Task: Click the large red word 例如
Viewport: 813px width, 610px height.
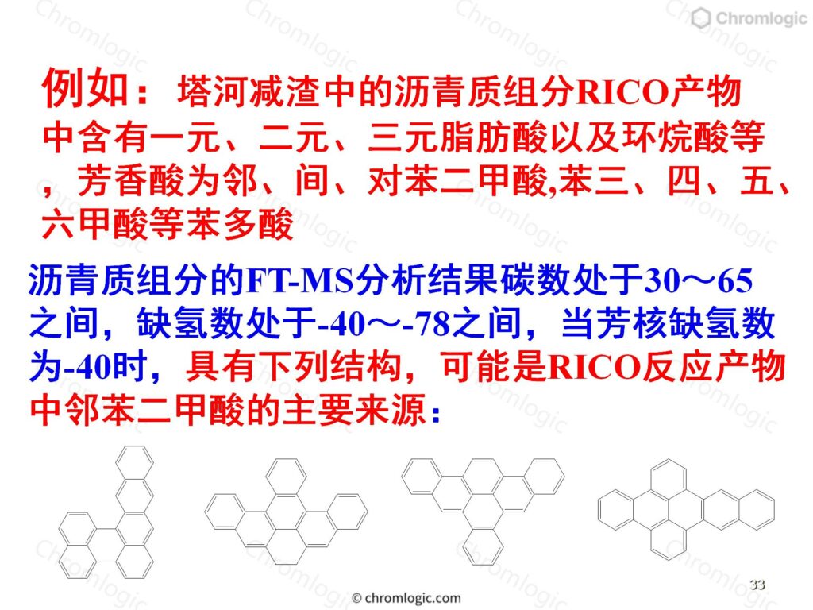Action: pos(86,88)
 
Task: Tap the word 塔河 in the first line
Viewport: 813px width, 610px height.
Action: pos(212,91)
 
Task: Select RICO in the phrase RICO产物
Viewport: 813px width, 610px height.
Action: pos(622,92)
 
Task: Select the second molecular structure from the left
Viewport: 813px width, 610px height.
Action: pos(286,512)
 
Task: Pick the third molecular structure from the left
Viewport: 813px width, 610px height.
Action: pos(483,512)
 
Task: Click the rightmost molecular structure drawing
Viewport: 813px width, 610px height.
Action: pos(686,509)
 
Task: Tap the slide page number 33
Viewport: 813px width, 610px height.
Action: pos(757,585)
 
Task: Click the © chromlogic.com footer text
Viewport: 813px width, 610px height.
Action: pos(406,598)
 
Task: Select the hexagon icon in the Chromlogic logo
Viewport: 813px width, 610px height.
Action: pos(700,18)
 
